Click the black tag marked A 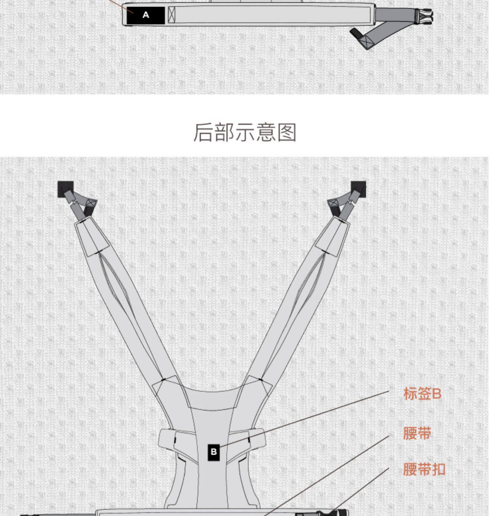pyautogui.click(x=146, y=15)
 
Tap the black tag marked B pyautogui.click(x=214, y=452)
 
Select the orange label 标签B pyautogui.click(x=422, y=394)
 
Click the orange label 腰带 pyautogui.click(x=417, y=433)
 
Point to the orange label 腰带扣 pyautogui.click(x=424, y=469)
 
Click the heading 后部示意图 pyautogui.click(x=245, y=132)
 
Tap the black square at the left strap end pyautogui.click(x=65, y=189)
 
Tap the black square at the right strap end pyautogui.click(x=359, y=189)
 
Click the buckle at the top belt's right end pyautogui.click(x=425, y=16)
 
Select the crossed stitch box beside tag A pyautogui.click(x=171, y=15)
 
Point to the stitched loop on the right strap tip pyautogui.click(x=333, y=204)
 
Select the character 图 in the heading pyautogui.click(x=287, y=132)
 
